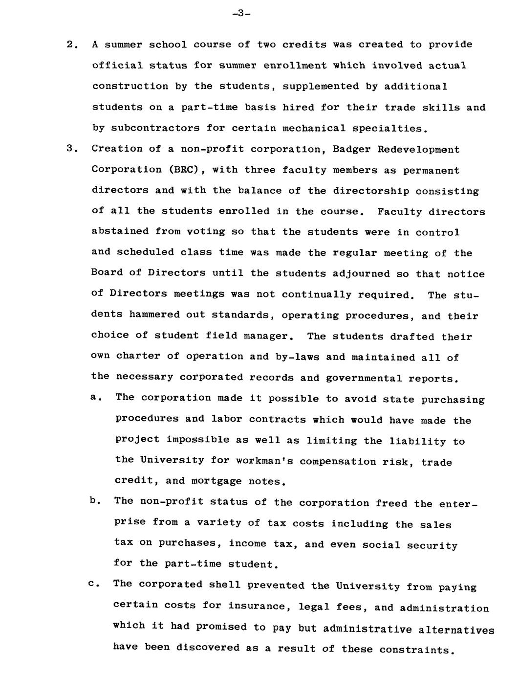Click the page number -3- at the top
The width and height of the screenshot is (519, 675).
(241, 13)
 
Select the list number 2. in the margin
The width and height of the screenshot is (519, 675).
(72, 45)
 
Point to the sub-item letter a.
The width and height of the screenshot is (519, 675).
(95, 397)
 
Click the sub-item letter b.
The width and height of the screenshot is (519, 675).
(95, 501)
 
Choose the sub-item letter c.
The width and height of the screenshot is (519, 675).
(94, 584)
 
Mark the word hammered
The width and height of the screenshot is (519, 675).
(152, 315)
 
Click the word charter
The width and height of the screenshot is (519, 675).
(138, 356)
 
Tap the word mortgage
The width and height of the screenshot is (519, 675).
(216, 481)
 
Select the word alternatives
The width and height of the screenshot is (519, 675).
(457, 630)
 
